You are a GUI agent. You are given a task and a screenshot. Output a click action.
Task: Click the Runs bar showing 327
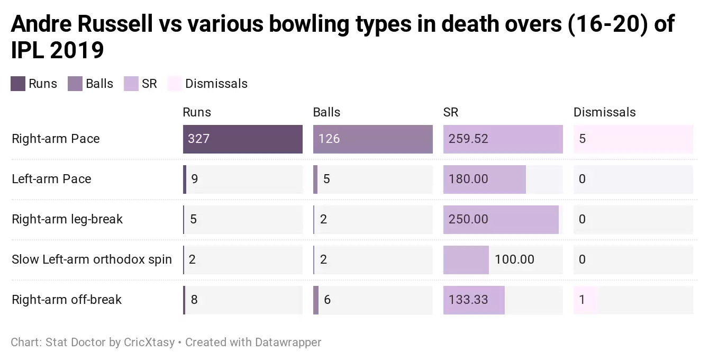(x=243, y=139)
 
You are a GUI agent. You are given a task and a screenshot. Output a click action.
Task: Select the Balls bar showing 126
(x=373, y=139)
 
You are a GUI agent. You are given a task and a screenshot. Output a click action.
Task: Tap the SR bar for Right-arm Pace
(x=503, y=139)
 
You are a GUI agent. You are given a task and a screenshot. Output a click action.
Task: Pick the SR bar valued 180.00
(x=484, y=179)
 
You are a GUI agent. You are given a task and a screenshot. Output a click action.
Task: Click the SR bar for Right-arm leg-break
(x=501, y=220)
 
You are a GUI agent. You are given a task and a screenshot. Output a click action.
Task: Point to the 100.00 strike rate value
(x=514, y=259)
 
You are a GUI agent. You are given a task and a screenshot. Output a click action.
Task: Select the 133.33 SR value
(x=468, y=300)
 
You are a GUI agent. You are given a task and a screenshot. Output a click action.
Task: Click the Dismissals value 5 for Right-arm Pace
(x=583, y=139)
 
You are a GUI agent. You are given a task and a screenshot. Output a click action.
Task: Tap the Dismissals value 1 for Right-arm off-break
(x=582, y=300)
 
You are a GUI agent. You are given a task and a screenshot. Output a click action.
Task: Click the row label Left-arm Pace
(x=51, y=179)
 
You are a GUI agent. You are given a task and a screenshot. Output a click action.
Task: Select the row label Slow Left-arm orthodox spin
(x=92, y=259)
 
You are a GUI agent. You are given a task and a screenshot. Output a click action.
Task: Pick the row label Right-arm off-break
(x=67, y=300)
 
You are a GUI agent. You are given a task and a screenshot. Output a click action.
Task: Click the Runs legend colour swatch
(x=18, y=84)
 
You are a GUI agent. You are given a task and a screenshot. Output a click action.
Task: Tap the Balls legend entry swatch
(x=75, y=84)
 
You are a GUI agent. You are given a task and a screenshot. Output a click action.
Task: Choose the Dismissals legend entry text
(x=216, y=84)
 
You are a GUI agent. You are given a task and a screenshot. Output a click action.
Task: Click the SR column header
(x=451, y=112)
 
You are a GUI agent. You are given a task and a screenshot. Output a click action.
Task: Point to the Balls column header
(x=326, y=112)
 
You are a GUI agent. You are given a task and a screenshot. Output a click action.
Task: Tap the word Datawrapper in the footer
(x=288, y=343)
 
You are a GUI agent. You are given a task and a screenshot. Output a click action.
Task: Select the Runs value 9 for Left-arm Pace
(x=194, y=179)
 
